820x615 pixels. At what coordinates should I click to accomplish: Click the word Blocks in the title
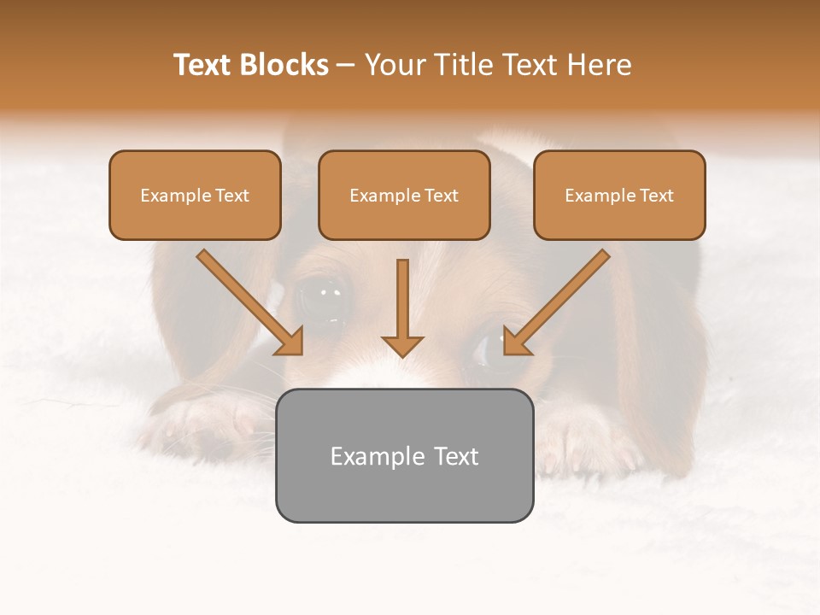[284, 65]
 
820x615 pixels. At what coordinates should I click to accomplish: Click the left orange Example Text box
[195, 195]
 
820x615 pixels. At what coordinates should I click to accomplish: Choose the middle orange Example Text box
[404, 195]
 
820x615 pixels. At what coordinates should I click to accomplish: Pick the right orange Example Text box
[619, 195]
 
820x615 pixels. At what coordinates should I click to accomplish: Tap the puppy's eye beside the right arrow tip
[487, 352]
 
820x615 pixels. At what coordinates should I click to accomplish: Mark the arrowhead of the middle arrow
[402, 344]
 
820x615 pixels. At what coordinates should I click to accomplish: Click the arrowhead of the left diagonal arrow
[291, 342]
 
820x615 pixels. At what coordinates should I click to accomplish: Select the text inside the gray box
[404, 456]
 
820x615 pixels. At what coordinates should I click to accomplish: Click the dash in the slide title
[346, 65]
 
